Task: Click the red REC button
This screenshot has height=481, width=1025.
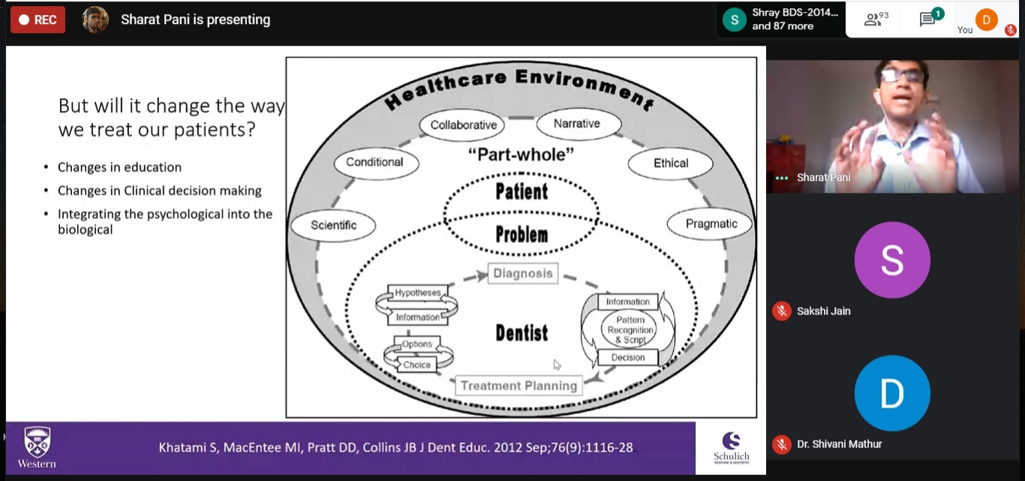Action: click(38, 20)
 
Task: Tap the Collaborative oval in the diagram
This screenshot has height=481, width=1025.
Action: click(463, 125)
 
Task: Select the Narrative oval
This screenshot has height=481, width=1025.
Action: click(576, 124)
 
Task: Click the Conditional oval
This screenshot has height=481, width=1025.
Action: click(374, 162)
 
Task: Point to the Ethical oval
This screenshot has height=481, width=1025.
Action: click(670, 163)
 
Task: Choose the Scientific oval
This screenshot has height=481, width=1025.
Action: click(334, 225)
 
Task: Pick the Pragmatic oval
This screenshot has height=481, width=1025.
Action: click(711, 224)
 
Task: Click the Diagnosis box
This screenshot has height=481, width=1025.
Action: click(522, 274)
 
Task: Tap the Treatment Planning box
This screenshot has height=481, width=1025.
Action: click(519, 386)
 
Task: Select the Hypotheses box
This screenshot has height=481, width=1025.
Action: click(417, 293)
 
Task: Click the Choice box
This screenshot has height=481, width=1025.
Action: click(416, 365)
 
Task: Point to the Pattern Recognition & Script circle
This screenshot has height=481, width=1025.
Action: click(630, 330)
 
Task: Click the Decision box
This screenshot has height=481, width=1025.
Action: click(628, 357)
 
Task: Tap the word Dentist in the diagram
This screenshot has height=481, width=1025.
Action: click(522, 332)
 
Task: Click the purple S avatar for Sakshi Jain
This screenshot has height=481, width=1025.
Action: click(892, 260)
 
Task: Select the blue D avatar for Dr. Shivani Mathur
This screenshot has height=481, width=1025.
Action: click(892, 394)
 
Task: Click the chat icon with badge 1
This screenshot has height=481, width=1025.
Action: click(928, 20)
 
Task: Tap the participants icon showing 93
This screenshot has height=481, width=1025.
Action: click(873, 20)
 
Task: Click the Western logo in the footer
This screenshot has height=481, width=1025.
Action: click(37, 447)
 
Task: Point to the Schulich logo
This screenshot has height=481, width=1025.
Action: click(731, 448)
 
